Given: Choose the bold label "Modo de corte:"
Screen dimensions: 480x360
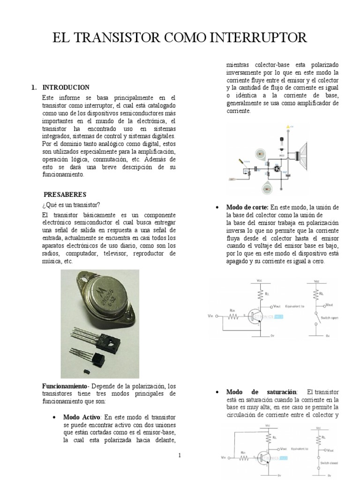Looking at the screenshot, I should pyautogui.click(x=247, y=207).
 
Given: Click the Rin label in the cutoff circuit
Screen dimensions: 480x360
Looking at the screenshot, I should pyautogui.click(x=233, y=310).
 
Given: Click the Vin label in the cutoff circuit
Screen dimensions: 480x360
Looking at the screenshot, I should pyautogui.click(x=210, y=316).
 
